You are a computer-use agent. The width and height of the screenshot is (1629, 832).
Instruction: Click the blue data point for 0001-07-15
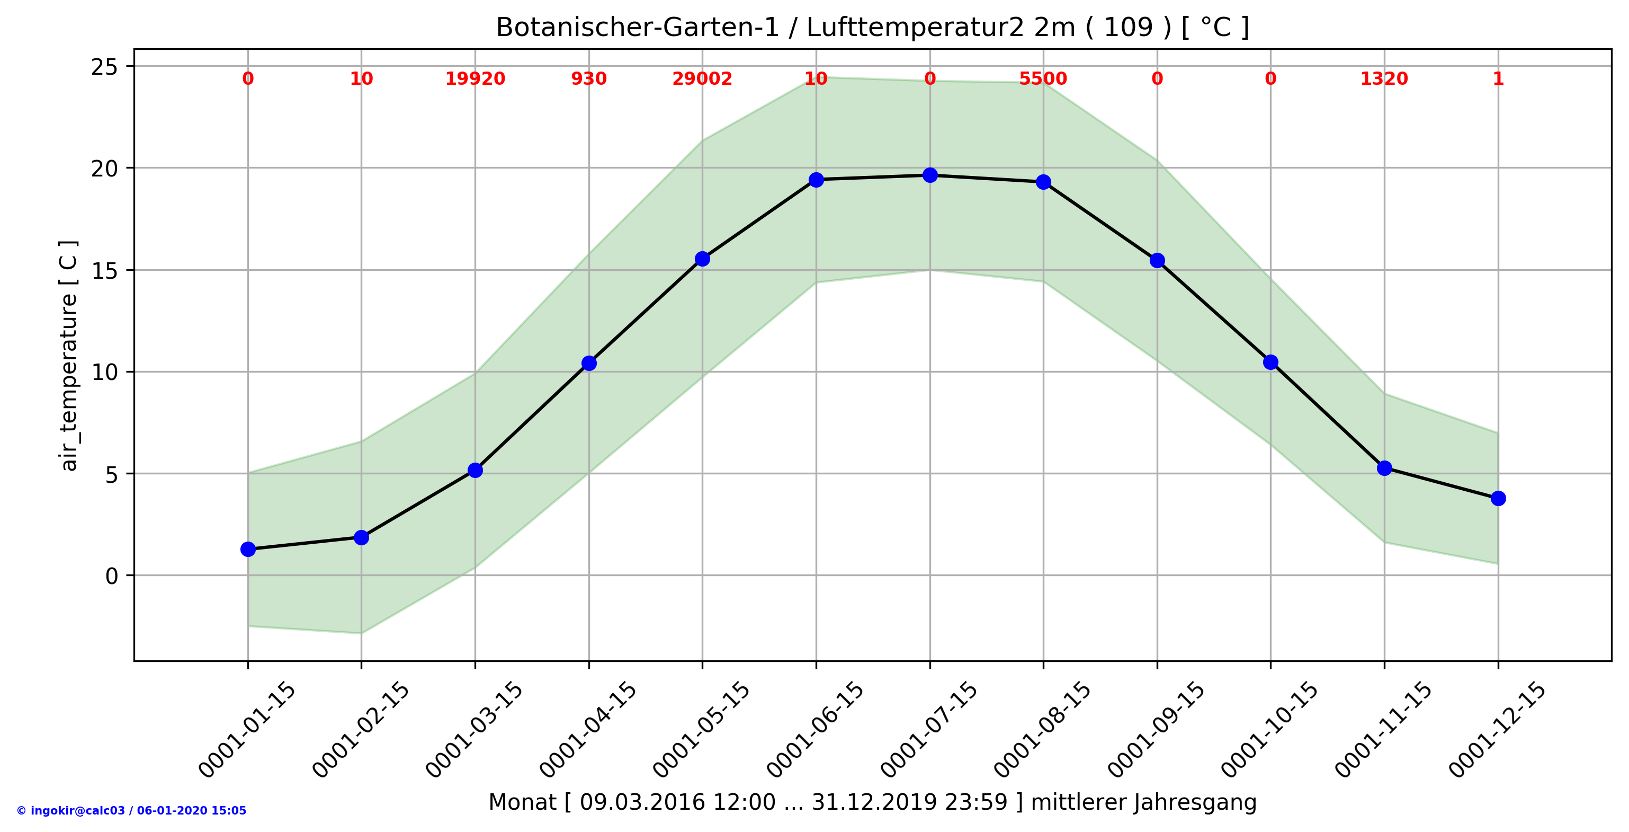coord(929,175)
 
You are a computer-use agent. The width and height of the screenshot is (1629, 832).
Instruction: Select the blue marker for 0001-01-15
coord(248,549)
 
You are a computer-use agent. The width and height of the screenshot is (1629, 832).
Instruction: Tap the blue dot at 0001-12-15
coord(1498,499)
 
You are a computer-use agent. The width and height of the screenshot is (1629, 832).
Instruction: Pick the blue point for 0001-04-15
coord(589,363)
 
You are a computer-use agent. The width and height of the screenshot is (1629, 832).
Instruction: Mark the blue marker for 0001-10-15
coord(1270,362)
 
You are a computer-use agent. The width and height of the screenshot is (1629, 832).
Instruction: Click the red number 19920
coord(475,79)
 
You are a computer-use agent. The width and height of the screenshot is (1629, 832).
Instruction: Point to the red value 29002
coord(702,79)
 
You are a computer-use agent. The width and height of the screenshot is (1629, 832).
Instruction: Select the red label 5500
coord(1043,79)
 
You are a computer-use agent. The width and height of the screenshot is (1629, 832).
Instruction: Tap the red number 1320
coord(1384,79)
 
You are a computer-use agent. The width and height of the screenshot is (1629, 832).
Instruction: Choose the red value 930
coord(589,79)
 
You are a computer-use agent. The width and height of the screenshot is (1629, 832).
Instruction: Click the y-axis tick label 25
coord(104,66)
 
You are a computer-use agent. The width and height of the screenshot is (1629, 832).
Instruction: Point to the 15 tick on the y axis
coord(104,271)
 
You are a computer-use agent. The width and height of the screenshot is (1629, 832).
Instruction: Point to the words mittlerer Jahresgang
coord(1143,802)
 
